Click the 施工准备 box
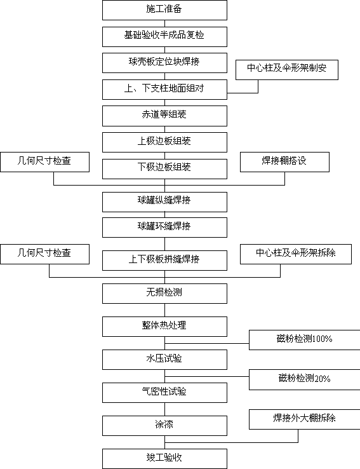coord(164,10)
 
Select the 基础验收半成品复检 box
coord(164,37)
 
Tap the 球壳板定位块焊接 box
coord(164,63)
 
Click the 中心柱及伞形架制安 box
coord(287,70)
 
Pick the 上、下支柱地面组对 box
coord(164,90)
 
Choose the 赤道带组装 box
coord(164,116)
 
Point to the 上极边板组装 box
coord(164,142)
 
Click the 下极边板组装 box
coord(164,169)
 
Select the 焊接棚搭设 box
coord(284,162)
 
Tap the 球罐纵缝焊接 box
coord(164,202)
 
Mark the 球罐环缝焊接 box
coord(164,228)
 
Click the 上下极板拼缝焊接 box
coord(164,261)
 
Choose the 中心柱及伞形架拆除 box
coord(296,254)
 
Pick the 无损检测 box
coord(164,294)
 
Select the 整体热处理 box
coord(164,327)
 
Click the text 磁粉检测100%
coord(304,339)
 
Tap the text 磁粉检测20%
coord(304,378)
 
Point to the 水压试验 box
coord(164,360)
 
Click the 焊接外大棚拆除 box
coord(304,419)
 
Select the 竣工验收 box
coord(164,459)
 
